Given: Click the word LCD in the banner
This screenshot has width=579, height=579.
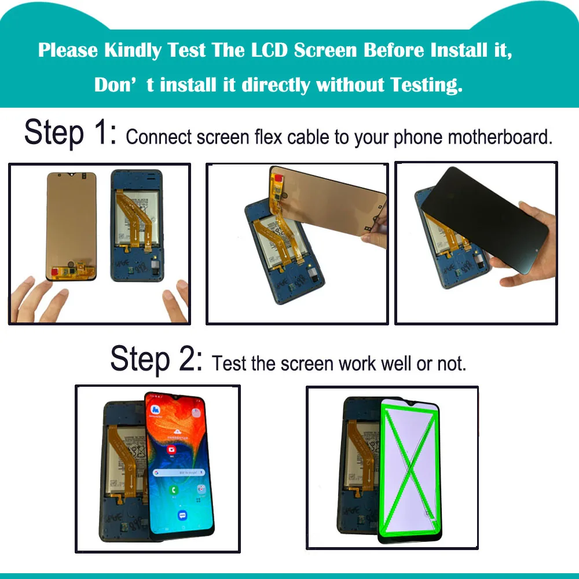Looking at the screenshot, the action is (x=269, y=50).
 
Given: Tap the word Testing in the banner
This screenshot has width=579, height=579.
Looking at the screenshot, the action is (x=426, y=85).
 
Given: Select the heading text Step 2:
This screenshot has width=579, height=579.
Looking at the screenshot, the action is (x=156, y=360).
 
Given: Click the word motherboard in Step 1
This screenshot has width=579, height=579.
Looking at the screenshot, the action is (x=500, y=137).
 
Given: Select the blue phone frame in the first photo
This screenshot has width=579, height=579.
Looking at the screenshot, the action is (x=137, y=226).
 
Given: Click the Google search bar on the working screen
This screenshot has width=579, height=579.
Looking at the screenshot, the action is (x=179, y=472).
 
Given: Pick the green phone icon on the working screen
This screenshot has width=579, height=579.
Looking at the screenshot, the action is (x=174, y=490).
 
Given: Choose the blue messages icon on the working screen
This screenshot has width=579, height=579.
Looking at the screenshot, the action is (x=182, y=515).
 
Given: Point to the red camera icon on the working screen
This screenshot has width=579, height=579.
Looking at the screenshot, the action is (x=172, y=449).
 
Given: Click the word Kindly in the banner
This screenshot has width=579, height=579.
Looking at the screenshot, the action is (x=133, y=50).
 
